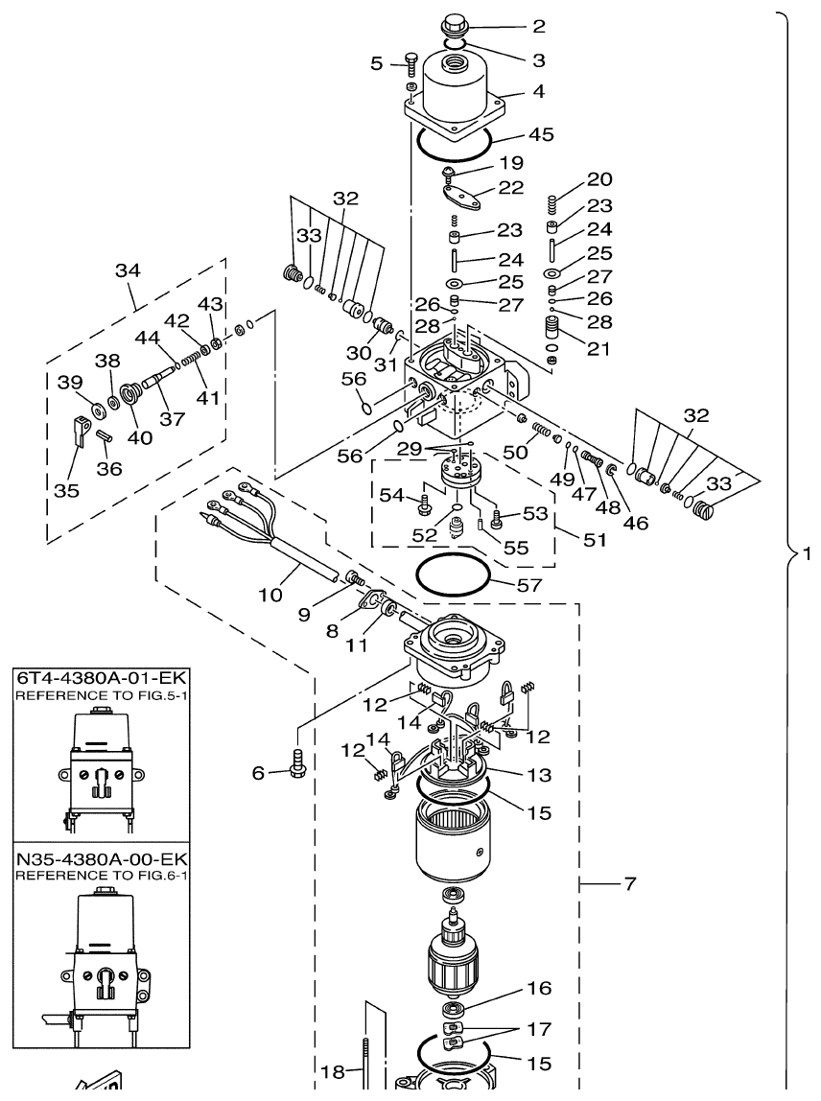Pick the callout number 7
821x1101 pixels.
click(x=629, y=883)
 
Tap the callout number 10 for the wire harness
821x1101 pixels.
click(x=270, y=595)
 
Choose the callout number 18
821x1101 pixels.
click(x=331, y=1073)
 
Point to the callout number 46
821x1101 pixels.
click(x=634, y=524)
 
